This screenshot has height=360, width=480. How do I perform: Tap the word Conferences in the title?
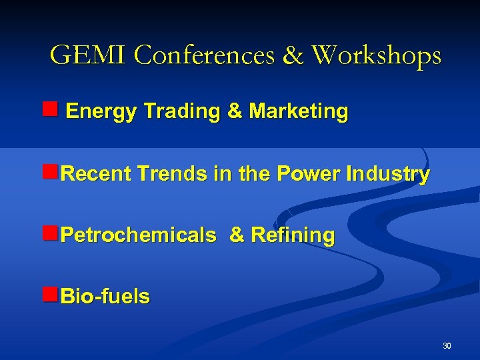[203, 55]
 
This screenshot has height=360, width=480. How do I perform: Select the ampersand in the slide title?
[292, 55]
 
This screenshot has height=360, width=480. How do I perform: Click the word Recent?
[96, 174]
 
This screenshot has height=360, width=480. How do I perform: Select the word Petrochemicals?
[138, 235]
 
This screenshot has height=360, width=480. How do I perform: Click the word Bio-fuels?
[105, 297]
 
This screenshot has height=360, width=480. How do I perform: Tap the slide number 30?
[447, 345]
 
